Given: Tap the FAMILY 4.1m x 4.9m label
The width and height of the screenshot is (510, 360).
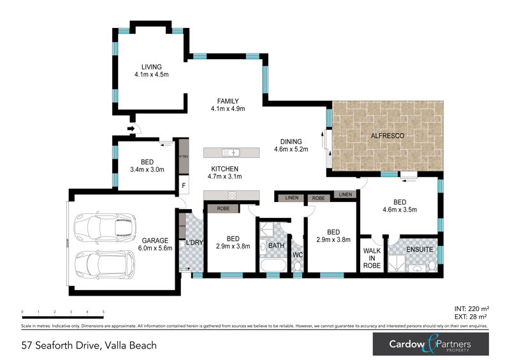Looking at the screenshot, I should click(228, 101).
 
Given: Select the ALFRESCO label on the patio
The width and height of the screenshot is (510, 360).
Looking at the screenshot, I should click(388, 136).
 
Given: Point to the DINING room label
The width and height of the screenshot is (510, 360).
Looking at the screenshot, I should click(291, 141).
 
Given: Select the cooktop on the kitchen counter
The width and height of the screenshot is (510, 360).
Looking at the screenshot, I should click(232, 195).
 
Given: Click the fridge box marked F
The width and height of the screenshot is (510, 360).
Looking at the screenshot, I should click(184, 185).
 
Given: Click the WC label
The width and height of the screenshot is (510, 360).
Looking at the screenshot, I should click(297, 255).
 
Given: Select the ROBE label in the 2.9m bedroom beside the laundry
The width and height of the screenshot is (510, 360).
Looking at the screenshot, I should click(223, 208).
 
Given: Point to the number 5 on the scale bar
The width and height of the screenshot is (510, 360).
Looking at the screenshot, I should click(103, 312).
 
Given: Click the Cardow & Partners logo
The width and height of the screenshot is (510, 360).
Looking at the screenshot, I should click(430, 345).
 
